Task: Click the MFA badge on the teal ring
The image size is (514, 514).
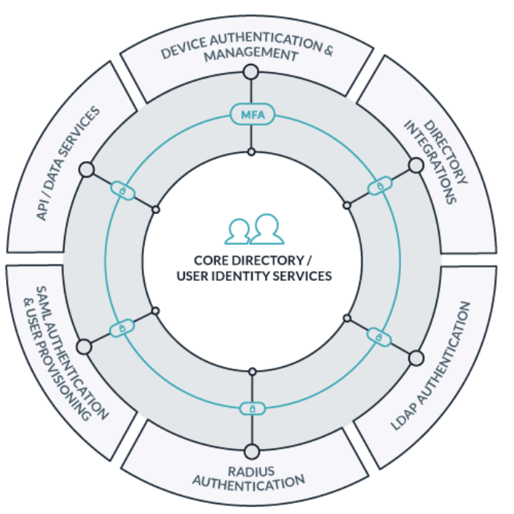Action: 253,114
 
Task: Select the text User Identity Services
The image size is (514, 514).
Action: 253,276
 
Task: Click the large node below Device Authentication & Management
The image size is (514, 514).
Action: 251,72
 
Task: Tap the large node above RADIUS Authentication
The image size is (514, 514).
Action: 251,451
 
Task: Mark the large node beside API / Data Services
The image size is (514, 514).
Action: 86,170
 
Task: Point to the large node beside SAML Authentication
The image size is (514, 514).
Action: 84,347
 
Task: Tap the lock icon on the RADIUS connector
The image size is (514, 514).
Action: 251,408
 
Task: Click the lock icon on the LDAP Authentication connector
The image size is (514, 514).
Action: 379,337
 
